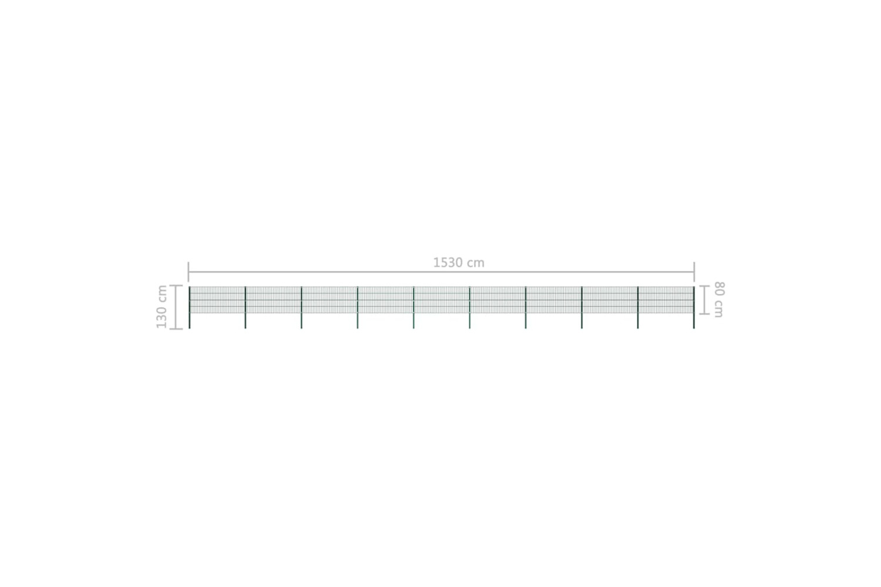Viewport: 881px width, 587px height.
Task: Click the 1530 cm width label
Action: (459, 262)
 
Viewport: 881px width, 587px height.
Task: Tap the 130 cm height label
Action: (162, 306)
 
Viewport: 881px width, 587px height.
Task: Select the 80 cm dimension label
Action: (718, 299)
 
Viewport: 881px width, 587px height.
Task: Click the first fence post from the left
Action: (189, 308)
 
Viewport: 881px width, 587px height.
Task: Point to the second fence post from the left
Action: (246, 308)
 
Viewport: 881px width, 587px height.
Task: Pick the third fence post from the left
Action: (302, 308)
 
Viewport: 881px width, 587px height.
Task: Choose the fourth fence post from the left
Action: (358, 308)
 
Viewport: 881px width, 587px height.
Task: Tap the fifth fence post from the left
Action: (413, 308)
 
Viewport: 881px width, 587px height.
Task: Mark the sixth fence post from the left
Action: (470, 308)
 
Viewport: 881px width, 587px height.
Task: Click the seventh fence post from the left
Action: (526, 308)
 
